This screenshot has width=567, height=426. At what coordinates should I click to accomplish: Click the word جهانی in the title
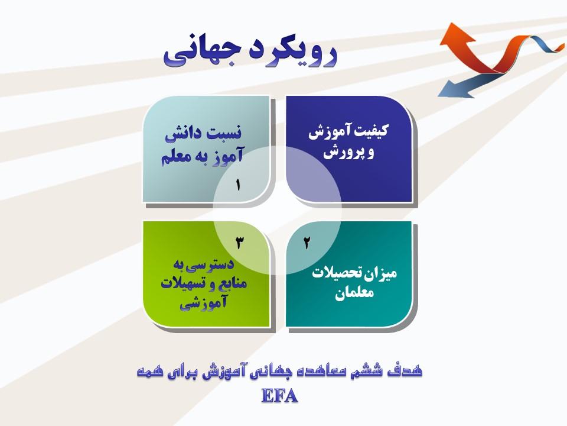[x=197, y=54]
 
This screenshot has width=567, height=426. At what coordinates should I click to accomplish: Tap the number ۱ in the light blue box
[x=237, y=185]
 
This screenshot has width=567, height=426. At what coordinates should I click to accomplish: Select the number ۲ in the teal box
[x=307, y=243]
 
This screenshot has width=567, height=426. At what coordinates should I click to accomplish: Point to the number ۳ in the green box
[x=239, y=243]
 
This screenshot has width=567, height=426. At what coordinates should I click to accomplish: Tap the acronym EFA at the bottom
[x=279, y=396]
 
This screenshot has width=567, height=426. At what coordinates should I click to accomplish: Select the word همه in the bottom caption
[x=149, y=372]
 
